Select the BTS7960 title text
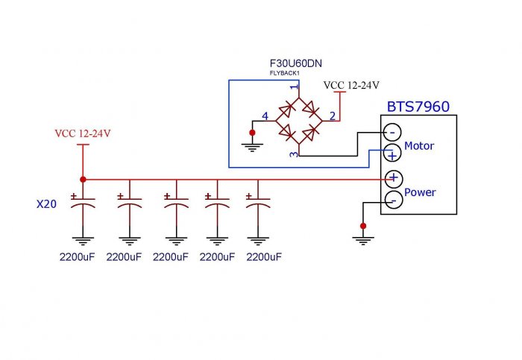click(418, 107)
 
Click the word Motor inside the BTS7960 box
click(418, 146)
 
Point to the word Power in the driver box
click(420, 192)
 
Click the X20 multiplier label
click(47, 203)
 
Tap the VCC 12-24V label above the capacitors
click(82, 133)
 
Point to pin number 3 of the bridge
click(294, 154)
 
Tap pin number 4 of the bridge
click(265, 116)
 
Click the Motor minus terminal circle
click(392, 133)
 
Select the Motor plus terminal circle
click(392, 154)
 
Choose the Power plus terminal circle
click(392, 179)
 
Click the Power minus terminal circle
click(392, 200)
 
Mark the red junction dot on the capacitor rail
click(82, 179)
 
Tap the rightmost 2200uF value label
click(264, 257)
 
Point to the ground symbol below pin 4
click(252, 146)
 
